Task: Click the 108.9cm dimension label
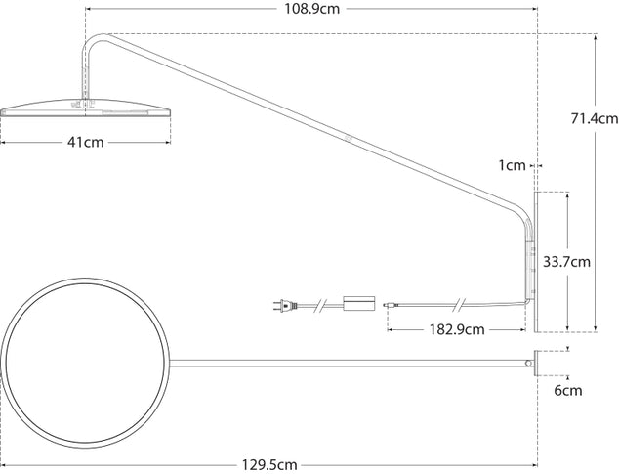coord(311,8)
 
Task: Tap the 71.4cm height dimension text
coord(595,118)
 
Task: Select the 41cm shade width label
coord(86,142)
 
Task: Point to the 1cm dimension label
coord(512,165)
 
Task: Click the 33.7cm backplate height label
coord(567,262)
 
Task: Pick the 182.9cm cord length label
coord(457,329)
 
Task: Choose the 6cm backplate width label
coord(568,391)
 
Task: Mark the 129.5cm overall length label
coord(269,465)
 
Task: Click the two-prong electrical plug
coord(285,306)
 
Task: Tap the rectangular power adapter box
coord(359,303)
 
